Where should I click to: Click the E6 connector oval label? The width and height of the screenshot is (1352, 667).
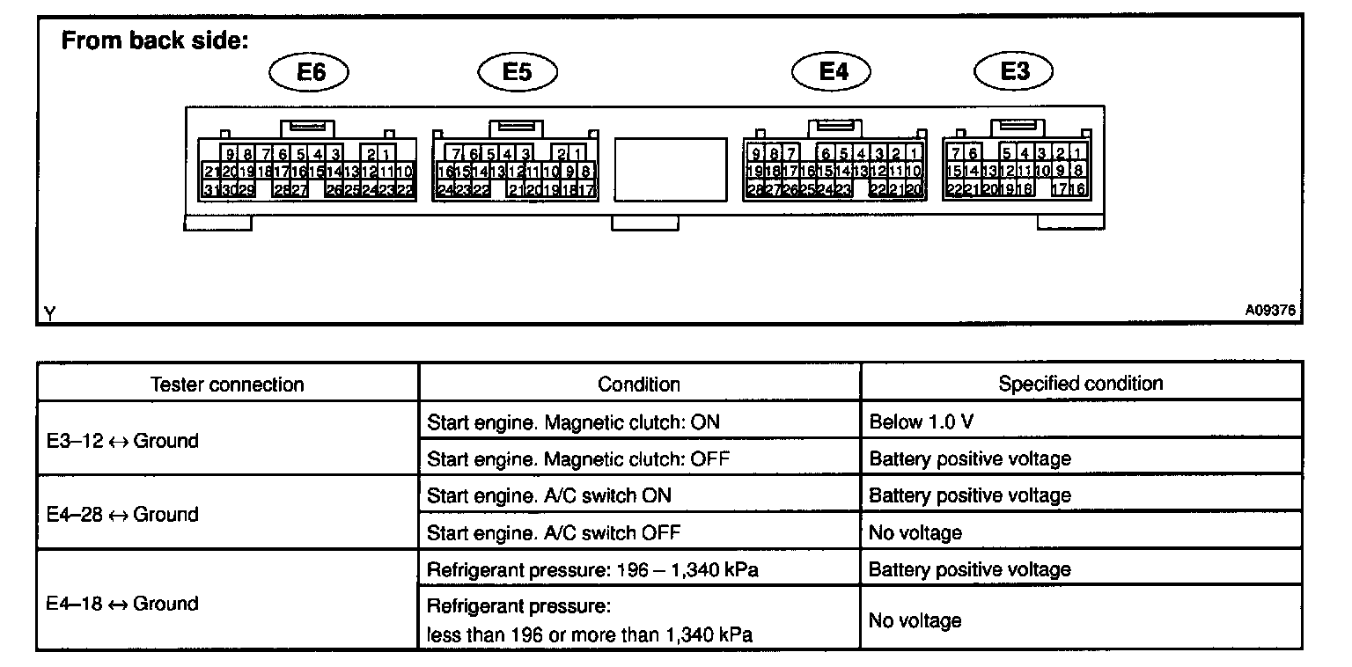point(311,71)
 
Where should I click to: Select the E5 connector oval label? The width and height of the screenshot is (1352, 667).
point(518,71)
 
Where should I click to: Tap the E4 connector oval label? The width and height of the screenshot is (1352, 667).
point(832,71)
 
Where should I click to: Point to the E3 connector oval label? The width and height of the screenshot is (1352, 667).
point(1015,71)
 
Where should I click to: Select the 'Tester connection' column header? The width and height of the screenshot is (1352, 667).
point(227,385)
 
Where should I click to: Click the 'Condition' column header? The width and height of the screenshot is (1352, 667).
point(639,385)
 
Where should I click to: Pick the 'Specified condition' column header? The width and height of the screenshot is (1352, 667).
point(1080,384)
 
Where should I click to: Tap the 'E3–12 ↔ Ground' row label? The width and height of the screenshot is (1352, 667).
point(122,441)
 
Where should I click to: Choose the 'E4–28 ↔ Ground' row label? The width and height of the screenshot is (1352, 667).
point(122,514)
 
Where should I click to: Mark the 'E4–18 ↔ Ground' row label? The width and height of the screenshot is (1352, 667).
point(122,604)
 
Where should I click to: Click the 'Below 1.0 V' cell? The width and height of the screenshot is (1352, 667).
point(921,421)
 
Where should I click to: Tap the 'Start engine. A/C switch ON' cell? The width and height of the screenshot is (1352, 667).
point(548,495)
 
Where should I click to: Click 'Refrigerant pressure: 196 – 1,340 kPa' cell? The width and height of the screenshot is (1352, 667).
point(592,569)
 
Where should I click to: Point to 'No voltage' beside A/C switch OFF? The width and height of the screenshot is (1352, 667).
point(915,532)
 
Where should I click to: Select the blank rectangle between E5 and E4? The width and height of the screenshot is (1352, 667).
point(671,169)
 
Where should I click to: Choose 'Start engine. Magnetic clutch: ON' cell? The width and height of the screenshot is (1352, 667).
point(573,421)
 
